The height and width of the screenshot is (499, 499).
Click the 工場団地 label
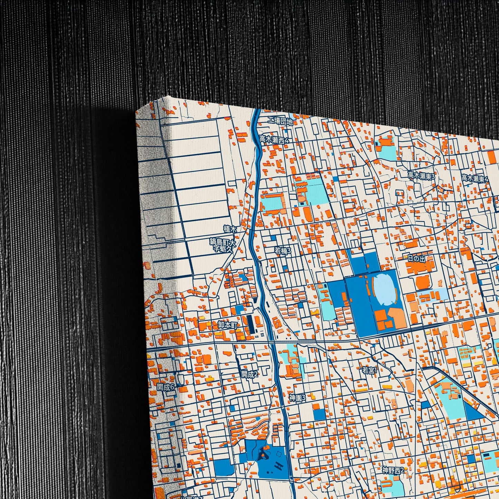[x=281, y=122]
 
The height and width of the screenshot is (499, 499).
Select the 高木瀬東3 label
[x=421, y=175]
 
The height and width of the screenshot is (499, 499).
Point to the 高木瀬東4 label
[x=475, y=179]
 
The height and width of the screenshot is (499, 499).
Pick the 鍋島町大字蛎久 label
[x=223, y=246]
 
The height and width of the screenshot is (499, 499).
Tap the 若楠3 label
[x=283, y=251]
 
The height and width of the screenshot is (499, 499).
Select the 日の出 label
[x=416, y=259]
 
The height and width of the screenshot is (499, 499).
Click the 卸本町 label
[x=228, y=325]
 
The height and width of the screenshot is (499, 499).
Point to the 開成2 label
[x=250, y=374]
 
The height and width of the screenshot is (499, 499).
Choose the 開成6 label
[x=166, y=387]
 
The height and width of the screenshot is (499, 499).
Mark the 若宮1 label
[x=370, y=371]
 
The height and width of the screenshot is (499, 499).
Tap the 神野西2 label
[x=393, y=470]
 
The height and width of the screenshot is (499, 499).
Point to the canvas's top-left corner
[x=137, y=111]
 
